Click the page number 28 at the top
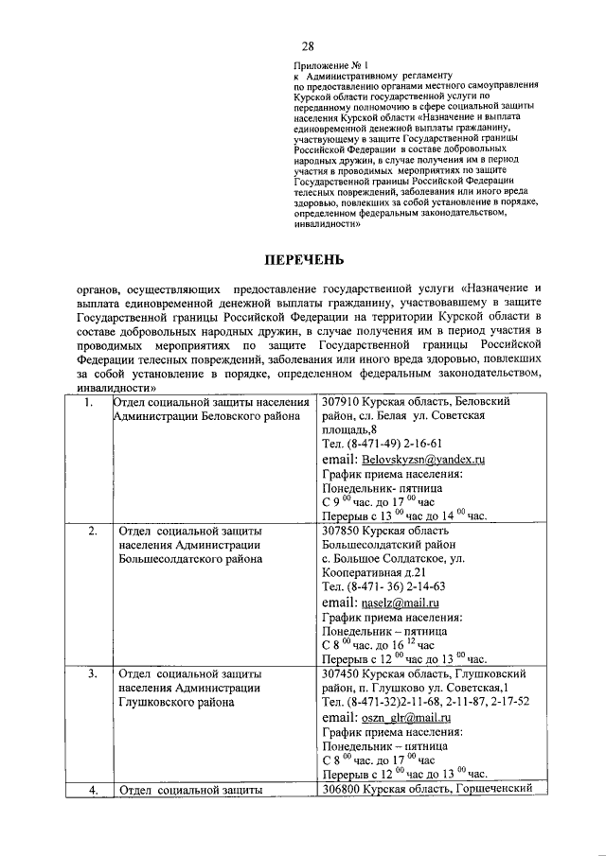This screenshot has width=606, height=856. [x=308, y=46]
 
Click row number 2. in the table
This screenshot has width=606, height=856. [x=93, y=531]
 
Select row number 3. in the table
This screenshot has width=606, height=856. [x=93, y=673]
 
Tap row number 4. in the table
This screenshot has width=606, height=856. [x=93, y=789]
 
